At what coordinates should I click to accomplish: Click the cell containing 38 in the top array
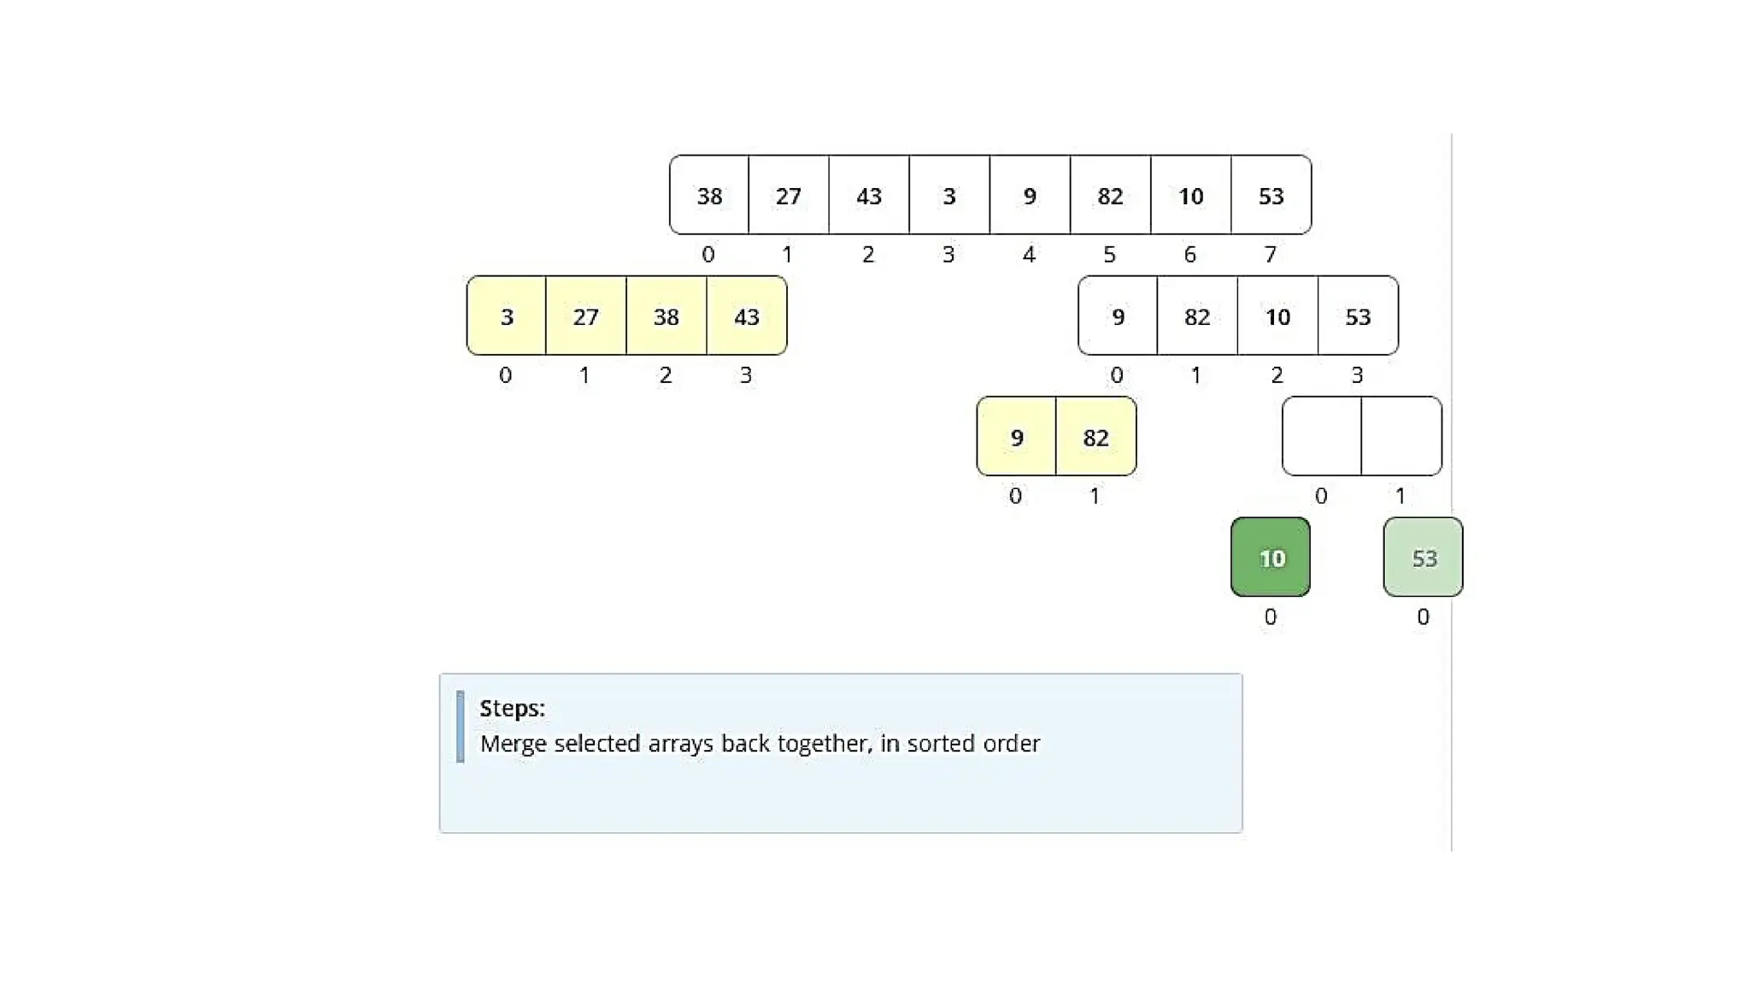click(x=709, y=196)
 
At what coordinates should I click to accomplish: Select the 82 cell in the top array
click(x=1110, y=196)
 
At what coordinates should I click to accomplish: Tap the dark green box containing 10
click(x=1271, y=557)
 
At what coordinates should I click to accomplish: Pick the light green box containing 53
click(x=1424, y=557)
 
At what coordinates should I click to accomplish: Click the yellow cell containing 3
click(x=507, y=316)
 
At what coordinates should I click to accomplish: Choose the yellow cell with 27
click(x=586, y=316)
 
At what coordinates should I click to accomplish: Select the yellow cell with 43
click(x=747, y=316)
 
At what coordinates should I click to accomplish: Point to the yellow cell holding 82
click(x=1096, y=437)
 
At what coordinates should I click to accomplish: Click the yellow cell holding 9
click(x=1017, y=437)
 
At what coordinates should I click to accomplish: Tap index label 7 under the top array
click(x=1271, y=254)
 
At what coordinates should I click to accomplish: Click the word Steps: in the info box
click(x=512, y=708)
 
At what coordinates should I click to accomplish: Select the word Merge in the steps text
click(x=513, y=743)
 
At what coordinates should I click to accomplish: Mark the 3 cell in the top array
click(x=949, y=196)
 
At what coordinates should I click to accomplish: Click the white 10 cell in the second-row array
click(x=1278, y=316)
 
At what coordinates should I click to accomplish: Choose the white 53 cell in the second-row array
click(x=1359, y=316)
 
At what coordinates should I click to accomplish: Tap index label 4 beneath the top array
click(x=1029, y=254)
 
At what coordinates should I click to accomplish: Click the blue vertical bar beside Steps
click(x=461, y=726)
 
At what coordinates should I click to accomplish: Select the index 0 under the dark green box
click(x=1271, y=616)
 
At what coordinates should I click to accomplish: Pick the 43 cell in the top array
click(x=869, y=196)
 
